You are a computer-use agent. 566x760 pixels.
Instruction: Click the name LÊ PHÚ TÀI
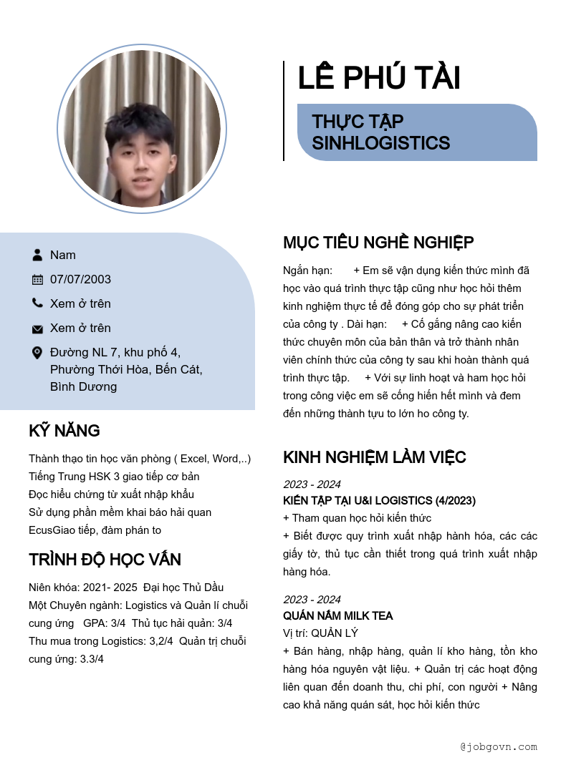click(x=378, y=78)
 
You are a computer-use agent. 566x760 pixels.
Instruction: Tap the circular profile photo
click(x=142, y=129)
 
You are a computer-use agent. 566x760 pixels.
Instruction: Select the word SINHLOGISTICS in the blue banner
click(x=380, y=143)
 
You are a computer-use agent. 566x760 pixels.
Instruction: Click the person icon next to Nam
click(x=37, y=255)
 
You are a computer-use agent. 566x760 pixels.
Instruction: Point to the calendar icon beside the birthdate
click(x=37, y=279)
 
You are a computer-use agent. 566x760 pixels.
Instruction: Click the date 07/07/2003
click(x=80, y=279)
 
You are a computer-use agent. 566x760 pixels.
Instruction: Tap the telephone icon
click(x=37, y=303)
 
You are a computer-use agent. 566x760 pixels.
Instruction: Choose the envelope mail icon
click(x=37, y=328)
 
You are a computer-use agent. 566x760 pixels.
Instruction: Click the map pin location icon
click(x=37, y=353)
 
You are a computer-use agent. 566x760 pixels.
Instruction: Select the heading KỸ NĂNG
click(x=64, y=431)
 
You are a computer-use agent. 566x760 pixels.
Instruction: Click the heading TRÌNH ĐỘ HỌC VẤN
click(x=105, y=560)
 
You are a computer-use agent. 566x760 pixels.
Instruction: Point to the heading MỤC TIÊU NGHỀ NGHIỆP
click(x=378, y=243)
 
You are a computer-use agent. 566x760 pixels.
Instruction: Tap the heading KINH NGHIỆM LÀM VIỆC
click(x=375, y=457)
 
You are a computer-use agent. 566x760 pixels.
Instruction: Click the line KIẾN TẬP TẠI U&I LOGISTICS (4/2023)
click(x=379, y=500)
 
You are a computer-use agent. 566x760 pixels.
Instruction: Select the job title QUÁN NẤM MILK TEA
click(x=337, y=615)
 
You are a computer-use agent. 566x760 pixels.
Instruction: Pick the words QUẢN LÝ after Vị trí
click(x=335, y=633)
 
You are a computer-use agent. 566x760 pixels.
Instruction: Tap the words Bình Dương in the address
click(x=83, y=387)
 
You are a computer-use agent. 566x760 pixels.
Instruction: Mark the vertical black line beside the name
click(x=284, y=111)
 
